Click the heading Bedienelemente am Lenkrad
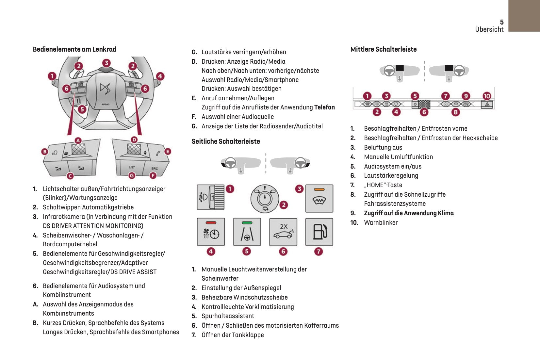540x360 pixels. [x=74, y=49]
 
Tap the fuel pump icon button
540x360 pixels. [x=319, y=232]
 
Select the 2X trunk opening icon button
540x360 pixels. [x=283, y=232]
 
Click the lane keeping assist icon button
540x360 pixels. [x=247, y=232]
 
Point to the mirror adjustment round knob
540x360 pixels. [x=265, y=198]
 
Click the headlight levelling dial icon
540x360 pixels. [x=211, y=197]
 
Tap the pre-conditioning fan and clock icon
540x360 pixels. [x=211, y=232]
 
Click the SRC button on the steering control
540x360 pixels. [x=155, y=169]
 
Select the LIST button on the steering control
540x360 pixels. [x=132, y=167]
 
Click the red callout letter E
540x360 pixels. [x=168, y=152]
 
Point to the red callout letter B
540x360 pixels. [x=45, y=152]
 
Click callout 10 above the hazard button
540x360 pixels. [x=487, y=96]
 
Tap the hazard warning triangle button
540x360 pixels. [x=487, y=105]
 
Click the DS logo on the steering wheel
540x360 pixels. [x=105, y=88]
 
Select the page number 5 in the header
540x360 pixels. [x=502, y=22]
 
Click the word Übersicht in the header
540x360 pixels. [x=489, y=29]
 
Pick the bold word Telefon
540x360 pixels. [x=324, y=107]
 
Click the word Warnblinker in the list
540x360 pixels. [x=381, y=222]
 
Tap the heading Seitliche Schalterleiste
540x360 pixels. [x=226, y=141]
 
